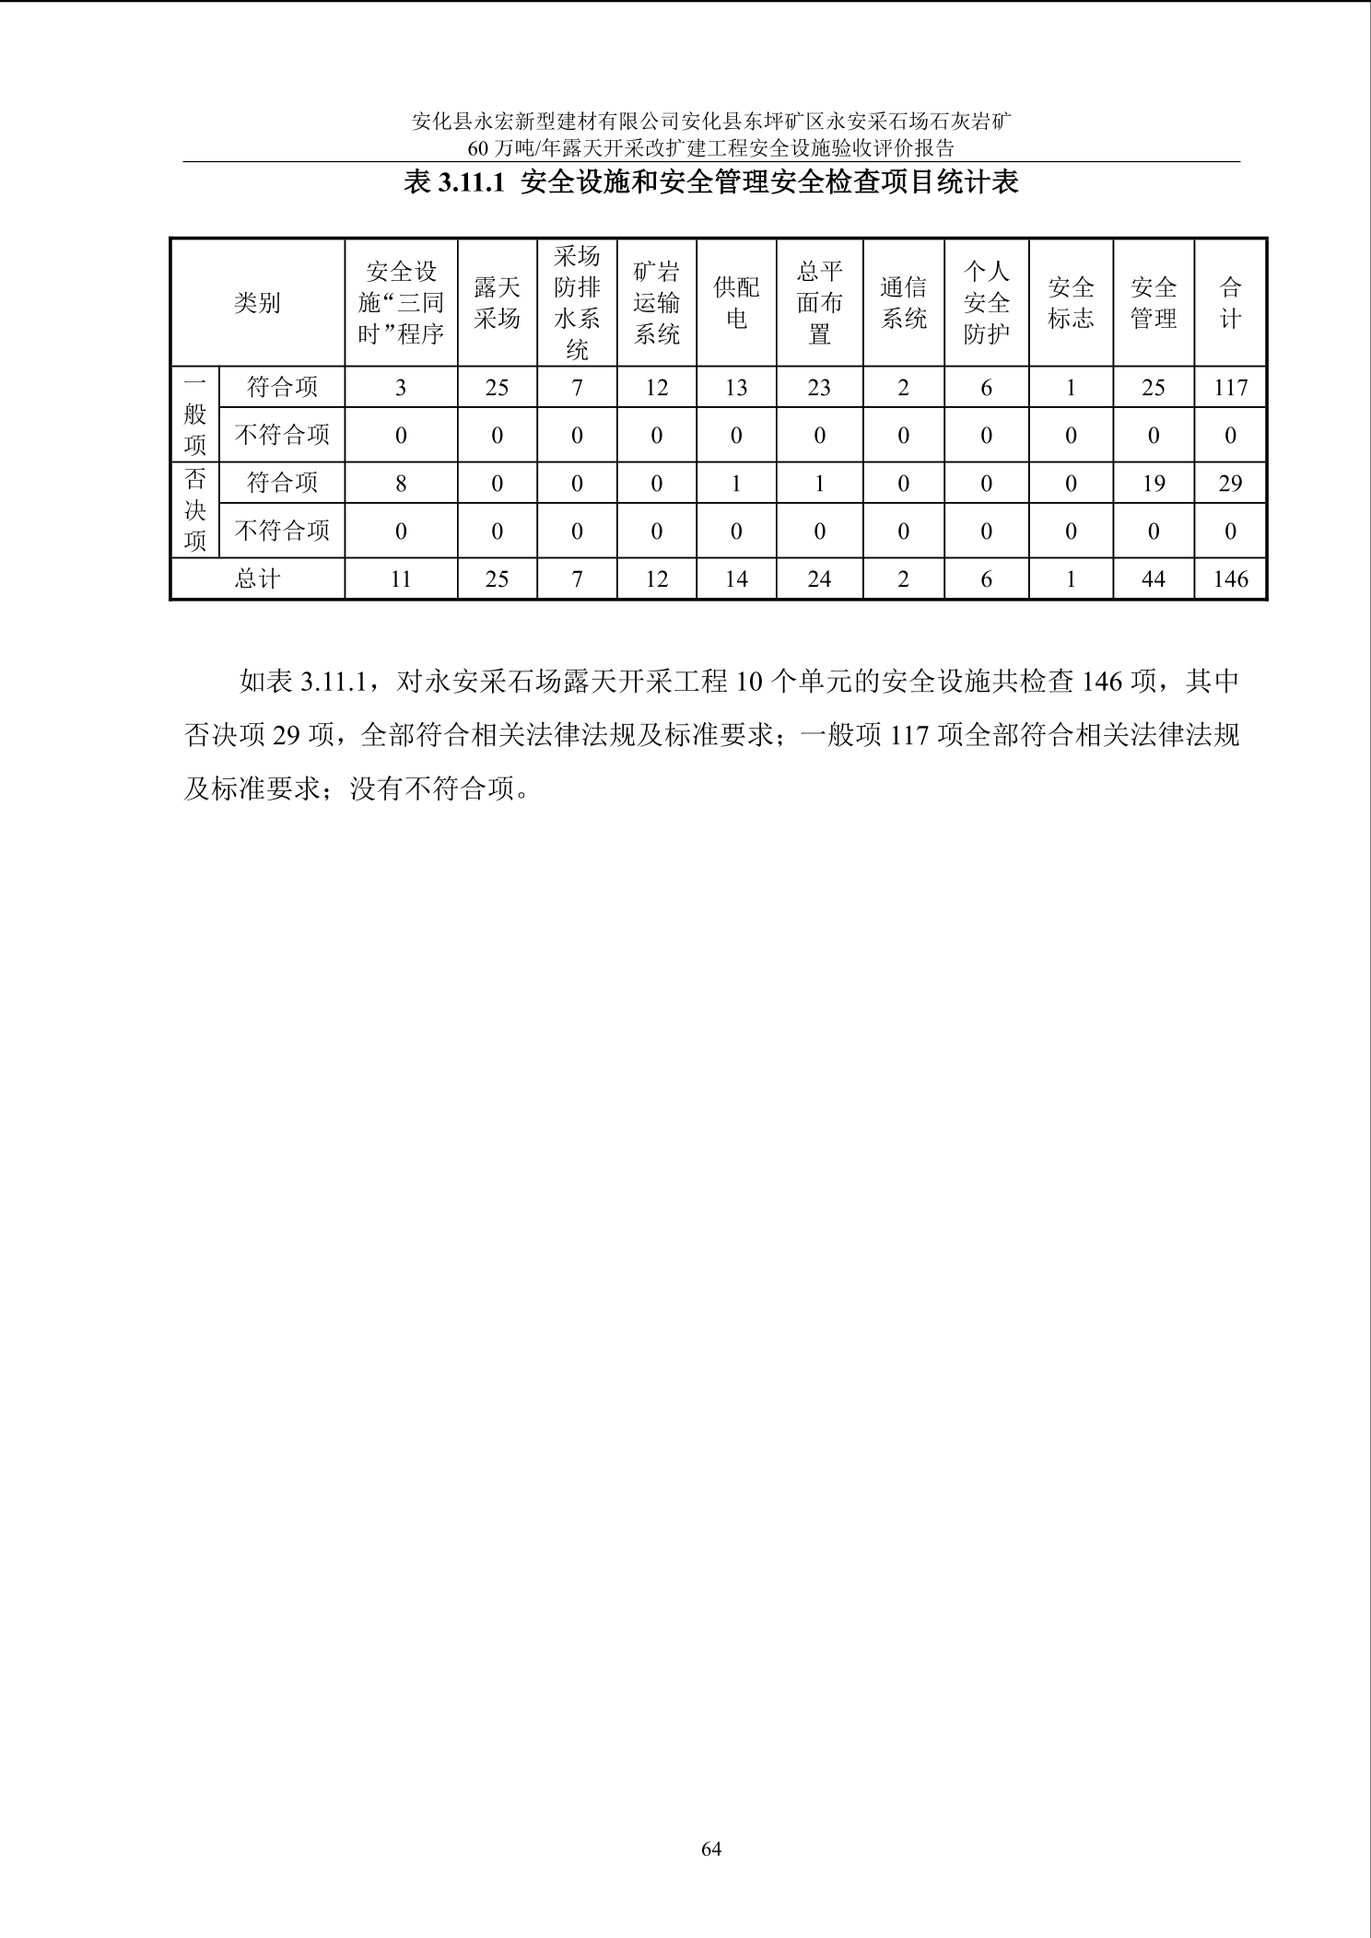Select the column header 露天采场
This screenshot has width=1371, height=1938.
(x=497, y=303)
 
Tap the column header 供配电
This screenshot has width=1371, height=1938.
(x=736, y=303)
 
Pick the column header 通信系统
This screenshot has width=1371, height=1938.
(x=903, y=303)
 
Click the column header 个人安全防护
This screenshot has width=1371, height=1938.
(x=986, y=303)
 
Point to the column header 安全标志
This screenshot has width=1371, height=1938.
(x=1071, y=303)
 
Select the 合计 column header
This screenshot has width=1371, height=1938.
(x=1230, y=303)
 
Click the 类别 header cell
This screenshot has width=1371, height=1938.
(x=257, y=303)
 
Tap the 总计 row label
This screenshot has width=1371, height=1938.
(x=257, y=578)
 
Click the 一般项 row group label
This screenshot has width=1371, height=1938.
(x=194, y=414)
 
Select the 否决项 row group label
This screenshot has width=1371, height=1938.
(x=194, y=510)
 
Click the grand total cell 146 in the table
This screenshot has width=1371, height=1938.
(x=1230, y=578)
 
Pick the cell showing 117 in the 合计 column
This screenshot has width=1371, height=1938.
(x=1230, y=388)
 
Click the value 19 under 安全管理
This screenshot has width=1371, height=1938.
(x=1153, y=483)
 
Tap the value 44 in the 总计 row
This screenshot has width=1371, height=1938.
(x=1153, y=578)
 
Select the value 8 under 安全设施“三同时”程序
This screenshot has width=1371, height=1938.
(x=401, y=483)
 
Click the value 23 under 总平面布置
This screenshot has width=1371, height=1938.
(x=819, y=388)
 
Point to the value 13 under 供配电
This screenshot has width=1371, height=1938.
(x=736, y=388)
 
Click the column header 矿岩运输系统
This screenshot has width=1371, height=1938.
(x=656, y=303)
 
